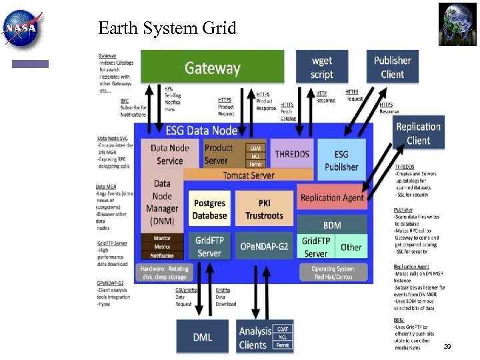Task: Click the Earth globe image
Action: tap(457, 24)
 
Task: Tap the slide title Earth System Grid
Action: tap(167, 28)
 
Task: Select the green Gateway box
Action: tap(212, 67)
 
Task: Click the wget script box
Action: tap(322, 67)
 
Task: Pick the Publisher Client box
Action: tap(392, 67)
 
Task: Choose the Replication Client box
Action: tap(418, 133)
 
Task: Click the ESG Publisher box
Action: tap(341, 161)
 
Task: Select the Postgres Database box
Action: tap(210, 209)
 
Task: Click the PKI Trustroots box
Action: tap(264, 209)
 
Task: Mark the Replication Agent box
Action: tap(332, 197)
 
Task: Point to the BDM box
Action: tap(332, 225)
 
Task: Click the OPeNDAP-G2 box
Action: tap(264, 246)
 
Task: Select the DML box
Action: tap(203, 337)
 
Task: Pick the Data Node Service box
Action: tap(169, 155)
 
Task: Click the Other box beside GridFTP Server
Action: tap(351, 247)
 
